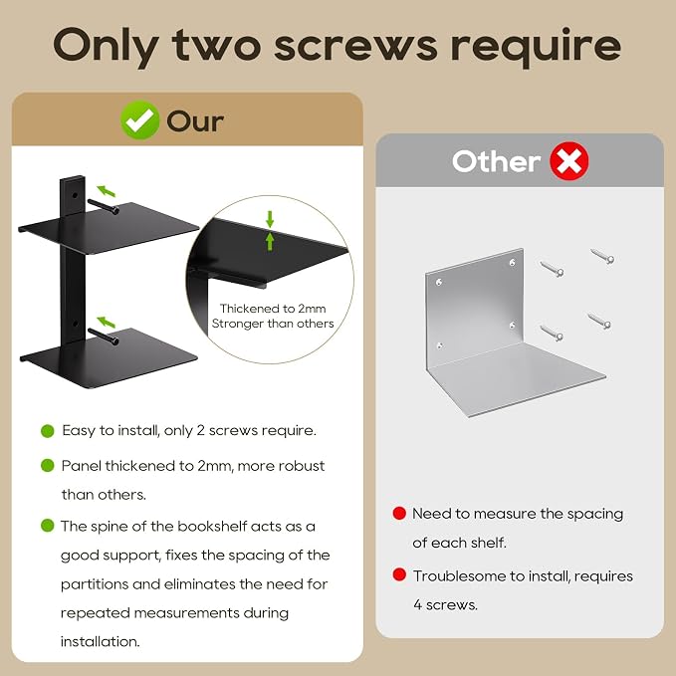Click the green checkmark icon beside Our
point(139,119)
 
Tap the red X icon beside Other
point(569,161)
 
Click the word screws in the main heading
point(355,45)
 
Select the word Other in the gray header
point(496,161)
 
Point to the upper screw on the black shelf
point(103,206)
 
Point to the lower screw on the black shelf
point(103,337)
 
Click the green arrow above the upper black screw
point(107,190)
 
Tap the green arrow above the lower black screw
point(107,322)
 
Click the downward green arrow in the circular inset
point(270,219)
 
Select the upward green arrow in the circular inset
point(270,241)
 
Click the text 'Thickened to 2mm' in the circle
point(273,309)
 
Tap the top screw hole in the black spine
point(75,195)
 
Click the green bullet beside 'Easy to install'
point(48,431)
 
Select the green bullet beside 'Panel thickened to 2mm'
point(48,466)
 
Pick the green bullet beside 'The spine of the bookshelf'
point(48,526)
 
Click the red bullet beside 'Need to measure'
point(399,513)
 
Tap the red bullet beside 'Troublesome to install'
point(399,574)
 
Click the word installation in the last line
point(100,641)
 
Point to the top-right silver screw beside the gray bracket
point(602,256)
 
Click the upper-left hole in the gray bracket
point(439,283)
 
